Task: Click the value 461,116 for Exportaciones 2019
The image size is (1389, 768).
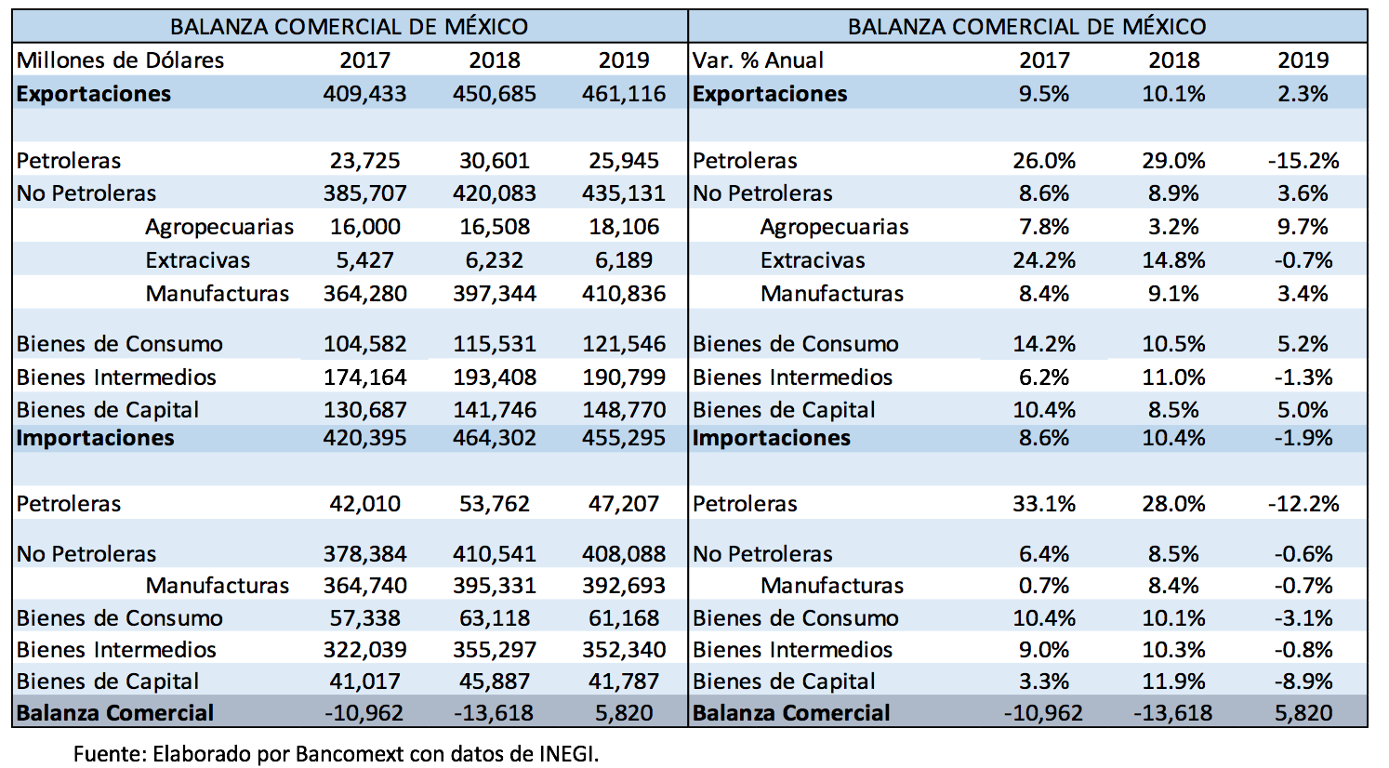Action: coord(624,94)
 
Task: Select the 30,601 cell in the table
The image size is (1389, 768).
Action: coord(495,161)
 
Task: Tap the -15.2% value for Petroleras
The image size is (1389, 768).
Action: coord(1303,161)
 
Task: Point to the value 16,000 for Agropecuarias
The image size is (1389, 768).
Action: coord(364,227)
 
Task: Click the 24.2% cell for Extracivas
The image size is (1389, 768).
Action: coord(1044,260)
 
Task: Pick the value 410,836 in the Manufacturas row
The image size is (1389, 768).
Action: coord(624,294)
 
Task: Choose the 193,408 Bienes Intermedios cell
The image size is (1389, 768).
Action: coord(495,377)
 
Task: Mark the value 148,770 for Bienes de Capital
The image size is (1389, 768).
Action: coord(624,410)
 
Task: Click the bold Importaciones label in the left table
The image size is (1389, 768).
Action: coord(95,438)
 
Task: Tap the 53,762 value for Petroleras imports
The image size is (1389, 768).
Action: coord(495,504)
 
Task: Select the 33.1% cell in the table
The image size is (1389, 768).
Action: coord(1044,504)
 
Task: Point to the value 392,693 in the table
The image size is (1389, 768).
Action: coord(624,586)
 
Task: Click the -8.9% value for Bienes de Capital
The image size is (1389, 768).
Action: coord(1303,682)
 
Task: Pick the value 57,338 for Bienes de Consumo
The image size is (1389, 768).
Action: coord(364,618)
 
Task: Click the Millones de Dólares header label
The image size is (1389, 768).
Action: coord(120,60)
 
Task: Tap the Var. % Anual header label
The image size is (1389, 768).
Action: coord(758,60)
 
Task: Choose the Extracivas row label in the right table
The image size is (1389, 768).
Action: coord(813,260)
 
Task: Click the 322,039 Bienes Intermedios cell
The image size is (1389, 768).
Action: coord(364,650)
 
